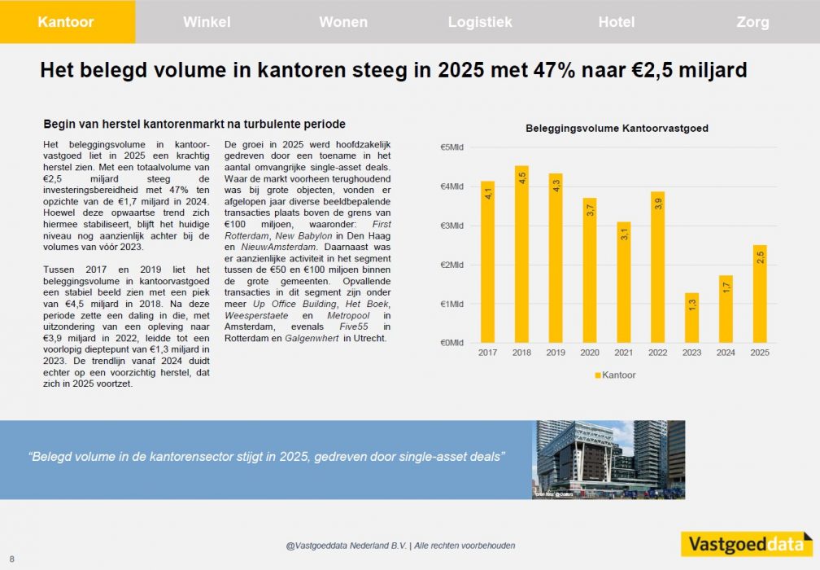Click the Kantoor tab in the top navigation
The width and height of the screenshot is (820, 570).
[x=66, y=22]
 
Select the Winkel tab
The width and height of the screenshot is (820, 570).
[x=207, y=22]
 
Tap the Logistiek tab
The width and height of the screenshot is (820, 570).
[x=480, y=22]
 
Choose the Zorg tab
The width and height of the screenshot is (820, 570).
[x=752, y=22]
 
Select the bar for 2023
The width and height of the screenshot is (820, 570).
[x=691, y=318]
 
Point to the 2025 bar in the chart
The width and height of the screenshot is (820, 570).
[x=760, y=293]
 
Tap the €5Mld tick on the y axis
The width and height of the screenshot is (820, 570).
[x=451, y=147]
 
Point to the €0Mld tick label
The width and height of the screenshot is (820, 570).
[x=451, y=343]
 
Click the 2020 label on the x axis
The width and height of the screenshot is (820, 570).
[x=590, y=353]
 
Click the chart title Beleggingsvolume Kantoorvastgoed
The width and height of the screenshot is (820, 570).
[x=617, y=129]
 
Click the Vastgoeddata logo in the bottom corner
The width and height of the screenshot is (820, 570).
[x=746, y=543]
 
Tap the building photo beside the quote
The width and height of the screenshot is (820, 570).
[x=608, y=459]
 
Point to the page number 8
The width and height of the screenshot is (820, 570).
[x=12, y=559]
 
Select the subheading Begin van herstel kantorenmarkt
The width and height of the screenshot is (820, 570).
[x=194, y=125]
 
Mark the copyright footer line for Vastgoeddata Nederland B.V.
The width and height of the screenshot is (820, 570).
[x=400, y=546]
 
